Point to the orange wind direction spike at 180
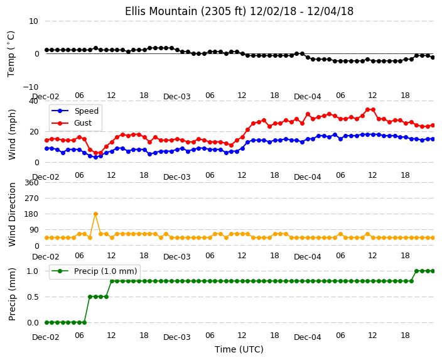95,214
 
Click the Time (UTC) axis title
239,349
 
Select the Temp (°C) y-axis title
11,54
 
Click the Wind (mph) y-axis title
12,134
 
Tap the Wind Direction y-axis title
12,214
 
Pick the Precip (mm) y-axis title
12,294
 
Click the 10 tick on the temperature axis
33,21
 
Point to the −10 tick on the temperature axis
31,87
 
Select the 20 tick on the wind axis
33,132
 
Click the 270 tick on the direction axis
31,199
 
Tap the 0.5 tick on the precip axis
33,297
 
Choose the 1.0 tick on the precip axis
33,271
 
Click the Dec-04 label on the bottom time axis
307,337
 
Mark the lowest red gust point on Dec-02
95,153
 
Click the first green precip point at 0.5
90,297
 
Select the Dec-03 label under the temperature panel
177,97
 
